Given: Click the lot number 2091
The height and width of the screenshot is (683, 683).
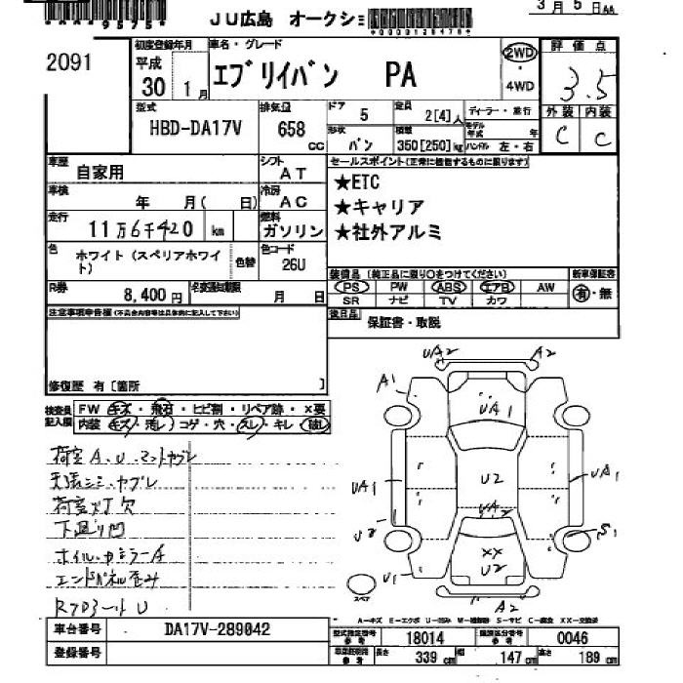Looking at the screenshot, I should (x=68, y=63).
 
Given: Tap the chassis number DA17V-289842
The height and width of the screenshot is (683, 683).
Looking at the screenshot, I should (x=216, y=630).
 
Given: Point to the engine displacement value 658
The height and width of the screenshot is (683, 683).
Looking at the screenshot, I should (x=292, y=129).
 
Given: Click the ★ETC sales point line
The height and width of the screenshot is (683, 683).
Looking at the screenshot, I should (x=356, y=182).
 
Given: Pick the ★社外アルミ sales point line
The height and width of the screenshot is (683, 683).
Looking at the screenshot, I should (x=387, y=232).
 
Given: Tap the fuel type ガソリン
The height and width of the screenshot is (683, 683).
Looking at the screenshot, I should (x=293, y=231).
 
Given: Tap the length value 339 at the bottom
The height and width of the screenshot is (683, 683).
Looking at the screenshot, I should (x=398, y=658).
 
